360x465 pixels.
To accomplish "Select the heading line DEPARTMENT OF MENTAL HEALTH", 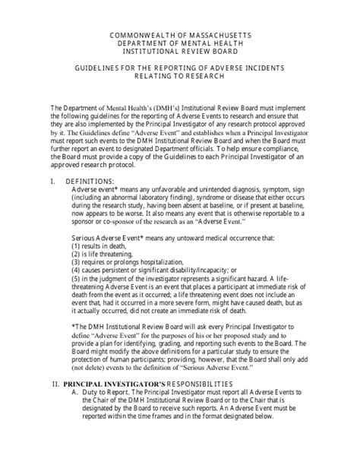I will tap(180, 44).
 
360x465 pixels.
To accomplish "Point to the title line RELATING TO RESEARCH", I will tap(180, 77).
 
